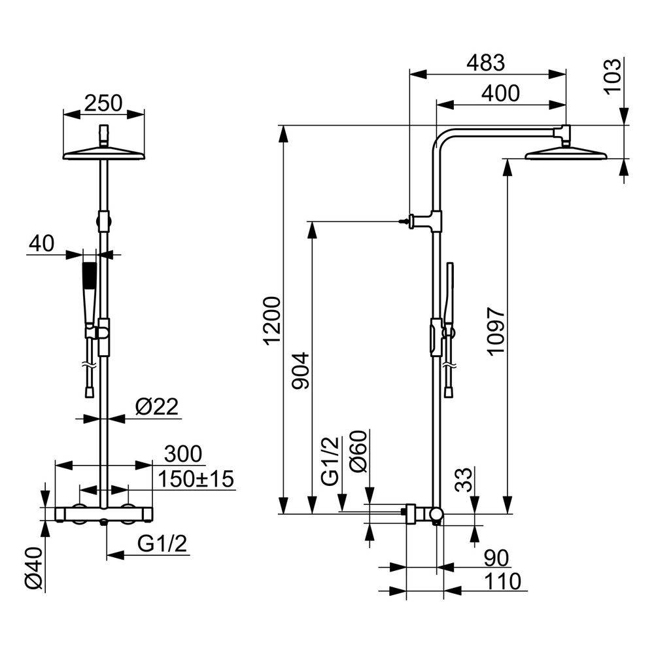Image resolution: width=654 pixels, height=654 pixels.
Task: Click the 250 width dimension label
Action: [x=103, y=103]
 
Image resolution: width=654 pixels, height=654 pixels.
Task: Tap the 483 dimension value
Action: [x=485, y=63]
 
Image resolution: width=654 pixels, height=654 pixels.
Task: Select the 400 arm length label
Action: [x=500, y=94]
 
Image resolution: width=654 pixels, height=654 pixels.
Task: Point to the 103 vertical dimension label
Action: [x=612, y=77]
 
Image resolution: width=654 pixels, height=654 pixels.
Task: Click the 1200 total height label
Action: [x=272, y=320]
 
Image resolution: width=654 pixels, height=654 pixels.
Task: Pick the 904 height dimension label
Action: [x=300, y=371]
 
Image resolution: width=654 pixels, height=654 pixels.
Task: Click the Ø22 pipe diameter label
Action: [x=157, y=406]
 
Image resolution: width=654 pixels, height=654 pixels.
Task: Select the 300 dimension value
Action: [x=183, y=455]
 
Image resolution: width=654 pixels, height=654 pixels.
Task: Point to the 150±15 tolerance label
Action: [x=195, y=479]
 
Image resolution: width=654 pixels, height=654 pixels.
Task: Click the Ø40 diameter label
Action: [x=34, y=568]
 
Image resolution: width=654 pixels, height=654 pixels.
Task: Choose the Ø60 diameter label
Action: [x=358, y=451]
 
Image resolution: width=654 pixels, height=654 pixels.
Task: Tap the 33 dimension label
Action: [x=463, y=479]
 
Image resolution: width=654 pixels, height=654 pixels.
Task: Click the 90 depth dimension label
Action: [x=496, y=558]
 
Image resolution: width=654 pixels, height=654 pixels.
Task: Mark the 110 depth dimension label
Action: [x=502, y=581]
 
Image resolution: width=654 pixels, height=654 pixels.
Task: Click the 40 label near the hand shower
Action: [x=41, y=243]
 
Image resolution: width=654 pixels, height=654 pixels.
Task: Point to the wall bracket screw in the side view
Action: [x=404, y=222]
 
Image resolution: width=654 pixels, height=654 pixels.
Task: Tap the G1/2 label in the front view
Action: [x=162, y=543]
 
